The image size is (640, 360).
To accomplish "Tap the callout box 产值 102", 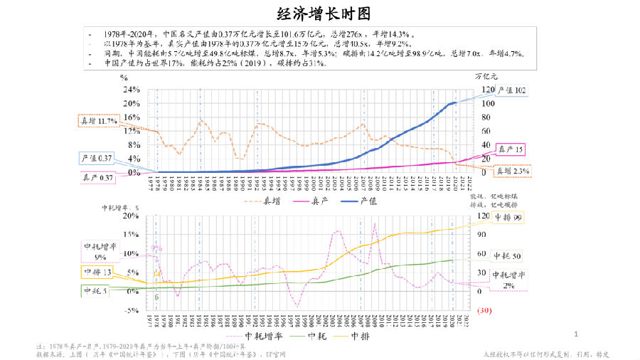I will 510,90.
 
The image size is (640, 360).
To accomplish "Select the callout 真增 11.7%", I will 97,121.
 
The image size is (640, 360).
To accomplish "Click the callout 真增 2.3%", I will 512,171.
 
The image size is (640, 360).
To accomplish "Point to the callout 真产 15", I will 509,149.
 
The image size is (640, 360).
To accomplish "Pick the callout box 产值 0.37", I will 96,158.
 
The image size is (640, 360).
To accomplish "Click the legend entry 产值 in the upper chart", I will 368,201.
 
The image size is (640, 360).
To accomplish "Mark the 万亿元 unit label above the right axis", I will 486,75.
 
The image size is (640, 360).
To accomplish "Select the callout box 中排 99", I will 508,218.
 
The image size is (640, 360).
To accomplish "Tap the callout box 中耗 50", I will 508,255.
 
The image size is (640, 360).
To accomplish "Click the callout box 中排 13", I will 96,272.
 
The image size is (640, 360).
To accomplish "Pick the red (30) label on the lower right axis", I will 486,310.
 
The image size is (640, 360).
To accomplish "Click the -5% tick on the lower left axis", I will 131,310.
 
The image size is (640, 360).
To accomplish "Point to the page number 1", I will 576,334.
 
